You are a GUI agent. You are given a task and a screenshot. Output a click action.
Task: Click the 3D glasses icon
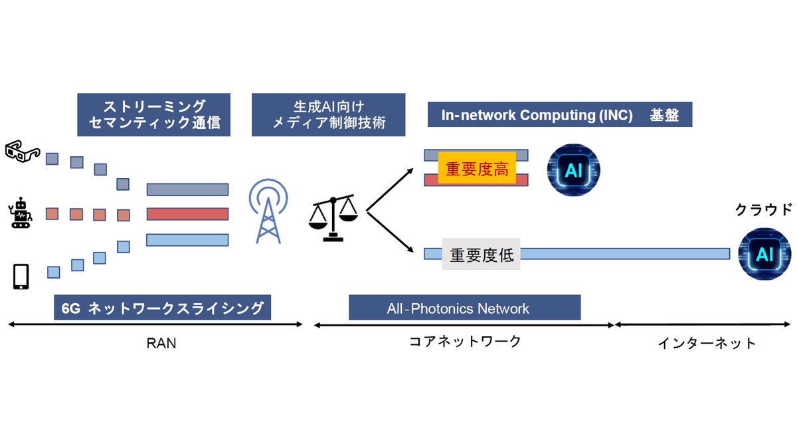point(22,152)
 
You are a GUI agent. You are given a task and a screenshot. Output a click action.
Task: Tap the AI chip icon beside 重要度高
point(573,171)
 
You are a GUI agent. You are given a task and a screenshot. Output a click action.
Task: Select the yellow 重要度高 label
point(477,169)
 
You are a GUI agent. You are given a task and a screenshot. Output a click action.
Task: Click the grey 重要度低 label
point(482,255)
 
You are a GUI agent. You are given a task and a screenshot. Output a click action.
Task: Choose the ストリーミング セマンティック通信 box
point(154,114)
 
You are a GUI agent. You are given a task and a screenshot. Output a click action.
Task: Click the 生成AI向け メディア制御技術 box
point(330,114)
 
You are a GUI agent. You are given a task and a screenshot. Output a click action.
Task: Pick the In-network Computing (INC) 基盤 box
point(560,115)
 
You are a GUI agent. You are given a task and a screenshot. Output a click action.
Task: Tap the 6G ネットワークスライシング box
point(163,308)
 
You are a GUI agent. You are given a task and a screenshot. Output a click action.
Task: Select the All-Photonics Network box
point(464,308)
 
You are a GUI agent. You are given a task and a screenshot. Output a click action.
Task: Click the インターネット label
point(707,343)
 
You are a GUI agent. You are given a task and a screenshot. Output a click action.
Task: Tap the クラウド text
point(763,210)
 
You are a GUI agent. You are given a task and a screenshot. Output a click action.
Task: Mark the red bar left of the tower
point(187,214)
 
